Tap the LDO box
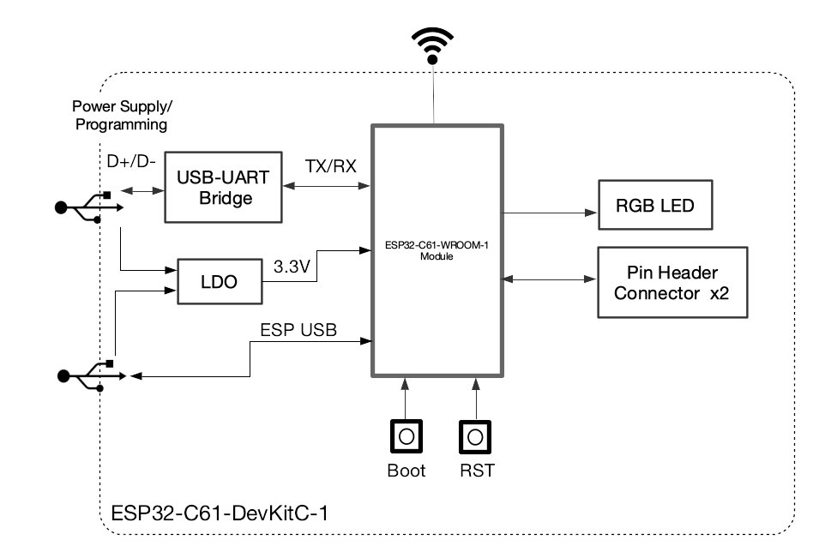tap(220, 281)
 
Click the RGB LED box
tap(654, 205)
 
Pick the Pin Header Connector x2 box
tap(672, 283)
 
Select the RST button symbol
tap(476, 436)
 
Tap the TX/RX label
tap(330, 165)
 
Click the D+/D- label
tap(130, 161)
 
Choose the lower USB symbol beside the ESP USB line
tap(86, 375)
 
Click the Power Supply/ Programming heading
tap(121, 116)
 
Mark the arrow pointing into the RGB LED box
tap(549, 212)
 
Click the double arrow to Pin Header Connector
tap(549, 279)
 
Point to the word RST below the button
tap(477, 471)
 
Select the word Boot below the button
tap(406, 471)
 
